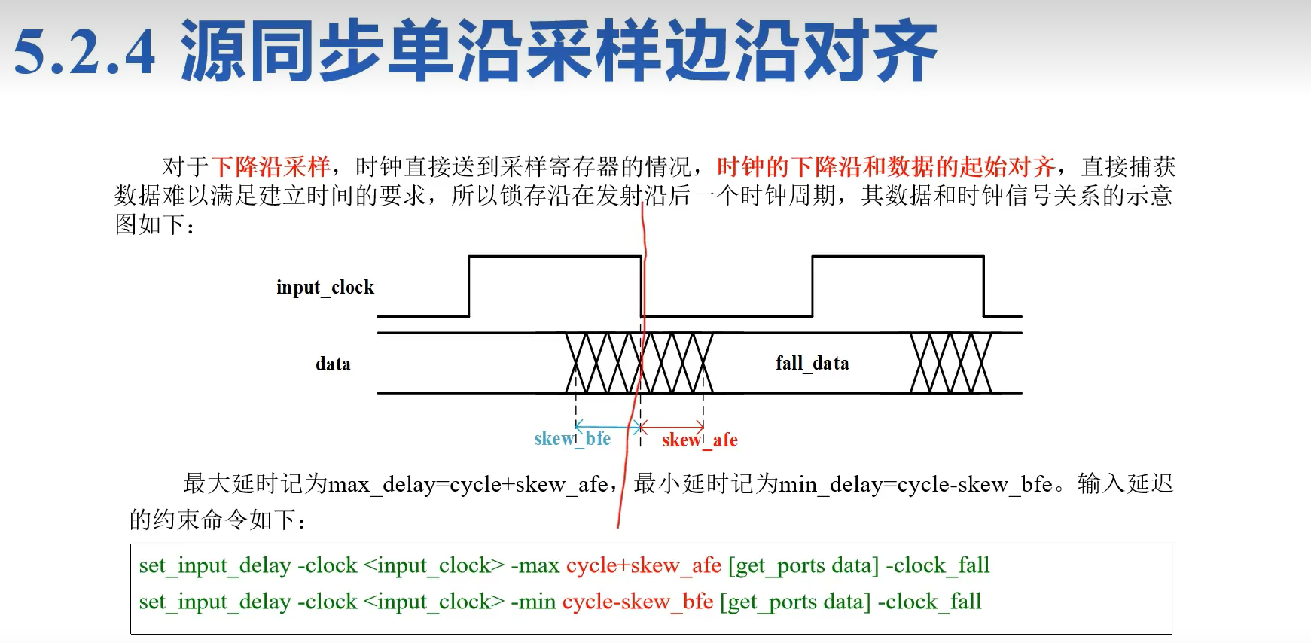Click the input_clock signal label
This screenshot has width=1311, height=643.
pos(325,288)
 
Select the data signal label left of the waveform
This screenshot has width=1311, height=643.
pos(333,364)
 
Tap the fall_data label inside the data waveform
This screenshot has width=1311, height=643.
pos(812,364)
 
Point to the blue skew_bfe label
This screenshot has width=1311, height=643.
pos(572,439)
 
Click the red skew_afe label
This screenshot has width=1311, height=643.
pos(700,440)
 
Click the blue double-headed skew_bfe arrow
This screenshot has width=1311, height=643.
pos(607,427)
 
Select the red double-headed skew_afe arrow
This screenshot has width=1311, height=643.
pos(672,427)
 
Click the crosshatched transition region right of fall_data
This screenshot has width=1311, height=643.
pos(950,363)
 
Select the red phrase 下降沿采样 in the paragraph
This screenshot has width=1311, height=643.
pos(270,166)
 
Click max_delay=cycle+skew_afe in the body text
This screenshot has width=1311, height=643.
pos(468,484)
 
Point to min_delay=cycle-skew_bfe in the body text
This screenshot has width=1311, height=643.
pos(915,484)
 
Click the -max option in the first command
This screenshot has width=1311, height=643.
pos(535,565)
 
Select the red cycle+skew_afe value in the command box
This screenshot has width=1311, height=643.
pos(643,565)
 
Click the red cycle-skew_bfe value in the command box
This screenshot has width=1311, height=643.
pos(637,602)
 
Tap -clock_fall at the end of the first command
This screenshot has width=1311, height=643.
pos(938,565)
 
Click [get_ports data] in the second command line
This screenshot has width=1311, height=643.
pos(795,602)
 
